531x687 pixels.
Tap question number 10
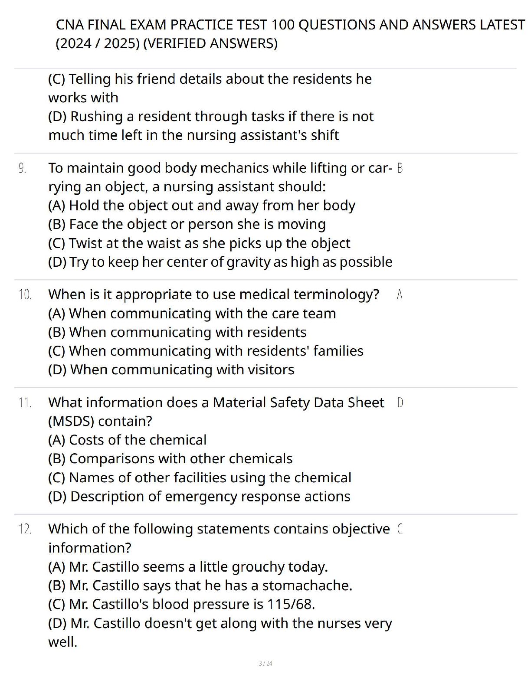point(25,294)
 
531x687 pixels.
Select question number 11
point(25,402)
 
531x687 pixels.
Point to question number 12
point(25,529)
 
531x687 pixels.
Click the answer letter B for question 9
point(400,168)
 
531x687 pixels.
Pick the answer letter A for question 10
point(400,294)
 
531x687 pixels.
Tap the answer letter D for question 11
point(400,402)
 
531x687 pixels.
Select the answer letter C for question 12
point(400,529)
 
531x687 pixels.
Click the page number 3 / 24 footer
point(265,664)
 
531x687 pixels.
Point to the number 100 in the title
point(283,25)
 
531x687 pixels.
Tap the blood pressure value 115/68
point(291,604)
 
